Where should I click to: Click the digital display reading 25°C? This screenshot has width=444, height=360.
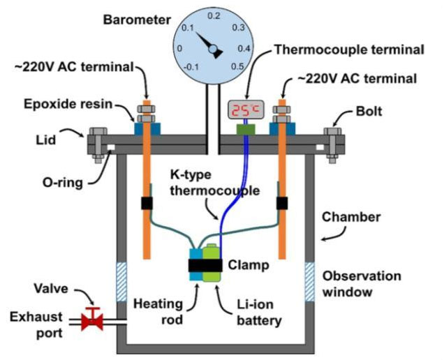[x=245, y=110]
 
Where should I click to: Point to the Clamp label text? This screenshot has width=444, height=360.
[x=244, y=265]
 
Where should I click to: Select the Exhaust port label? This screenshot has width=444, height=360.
[x=36, y=325]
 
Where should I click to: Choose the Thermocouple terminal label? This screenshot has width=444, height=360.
[x=348, y=50]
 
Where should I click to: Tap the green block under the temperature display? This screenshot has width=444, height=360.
[x=244, y=128]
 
